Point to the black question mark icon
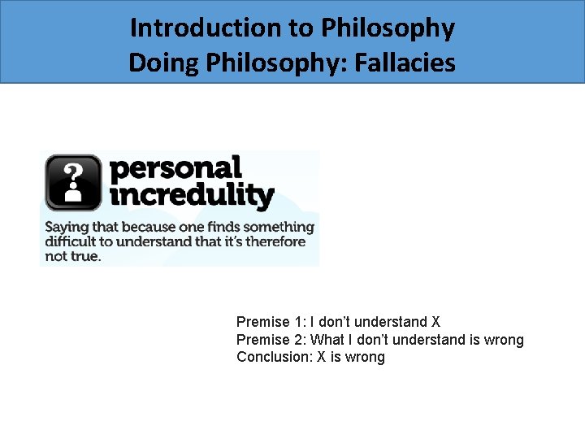pos(73,182)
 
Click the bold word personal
pos(175,168)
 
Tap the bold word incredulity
pos(192,195)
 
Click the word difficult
pos(70,241)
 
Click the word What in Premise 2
pos(327,340)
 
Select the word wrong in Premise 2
pos(504,340)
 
